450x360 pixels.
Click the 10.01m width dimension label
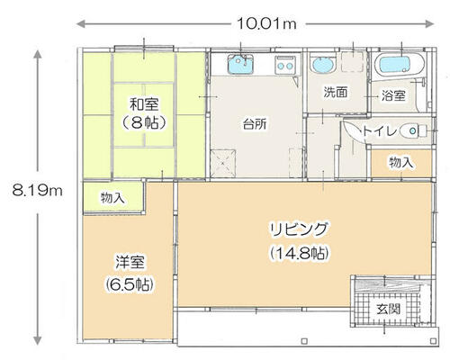point(266,23)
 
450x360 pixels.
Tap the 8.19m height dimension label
point(38,190)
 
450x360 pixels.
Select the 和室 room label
point(144,104)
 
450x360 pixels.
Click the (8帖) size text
point(144,122)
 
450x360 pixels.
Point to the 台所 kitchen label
point(255,123)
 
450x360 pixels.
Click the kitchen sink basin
point(240,65)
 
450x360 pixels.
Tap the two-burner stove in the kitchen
point(285,65)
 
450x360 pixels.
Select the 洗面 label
point(336,92)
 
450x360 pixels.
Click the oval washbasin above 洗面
point(322,64)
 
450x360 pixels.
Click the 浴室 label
point(393,95)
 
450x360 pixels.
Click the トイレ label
point(379,131)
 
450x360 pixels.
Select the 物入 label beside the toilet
point(401,163)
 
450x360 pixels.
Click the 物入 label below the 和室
point(112,198)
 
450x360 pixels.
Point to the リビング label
point(299,230)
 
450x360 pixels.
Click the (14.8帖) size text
point(299,254)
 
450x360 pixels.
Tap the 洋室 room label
point(130,262)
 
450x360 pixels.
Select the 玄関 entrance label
point(389,309)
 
